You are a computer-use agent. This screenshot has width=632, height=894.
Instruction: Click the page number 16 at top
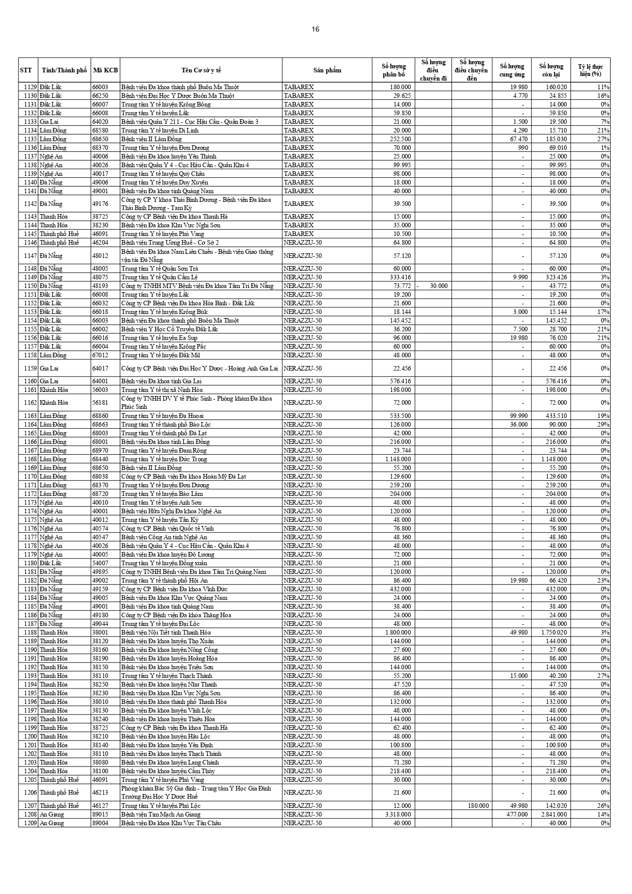(315, 29)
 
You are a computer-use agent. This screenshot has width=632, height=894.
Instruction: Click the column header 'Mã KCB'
(106, 70)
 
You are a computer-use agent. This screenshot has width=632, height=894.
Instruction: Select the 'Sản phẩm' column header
(327, 70)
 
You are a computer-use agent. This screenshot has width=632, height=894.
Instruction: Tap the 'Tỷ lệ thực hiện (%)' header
(590, 70)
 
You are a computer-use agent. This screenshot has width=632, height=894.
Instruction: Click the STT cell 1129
(30, 87)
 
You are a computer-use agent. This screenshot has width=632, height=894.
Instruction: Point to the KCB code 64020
(100, 122)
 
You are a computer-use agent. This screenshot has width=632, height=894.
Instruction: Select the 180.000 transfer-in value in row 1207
(478, 806)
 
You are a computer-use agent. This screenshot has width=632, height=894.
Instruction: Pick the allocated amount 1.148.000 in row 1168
(396, 459)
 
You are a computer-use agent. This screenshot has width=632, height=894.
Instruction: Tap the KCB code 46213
(100, 793)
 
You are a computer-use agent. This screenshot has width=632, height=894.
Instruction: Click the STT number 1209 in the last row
(30, 823)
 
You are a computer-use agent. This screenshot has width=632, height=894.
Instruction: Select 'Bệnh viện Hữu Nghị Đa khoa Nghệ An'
(171, 511)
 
